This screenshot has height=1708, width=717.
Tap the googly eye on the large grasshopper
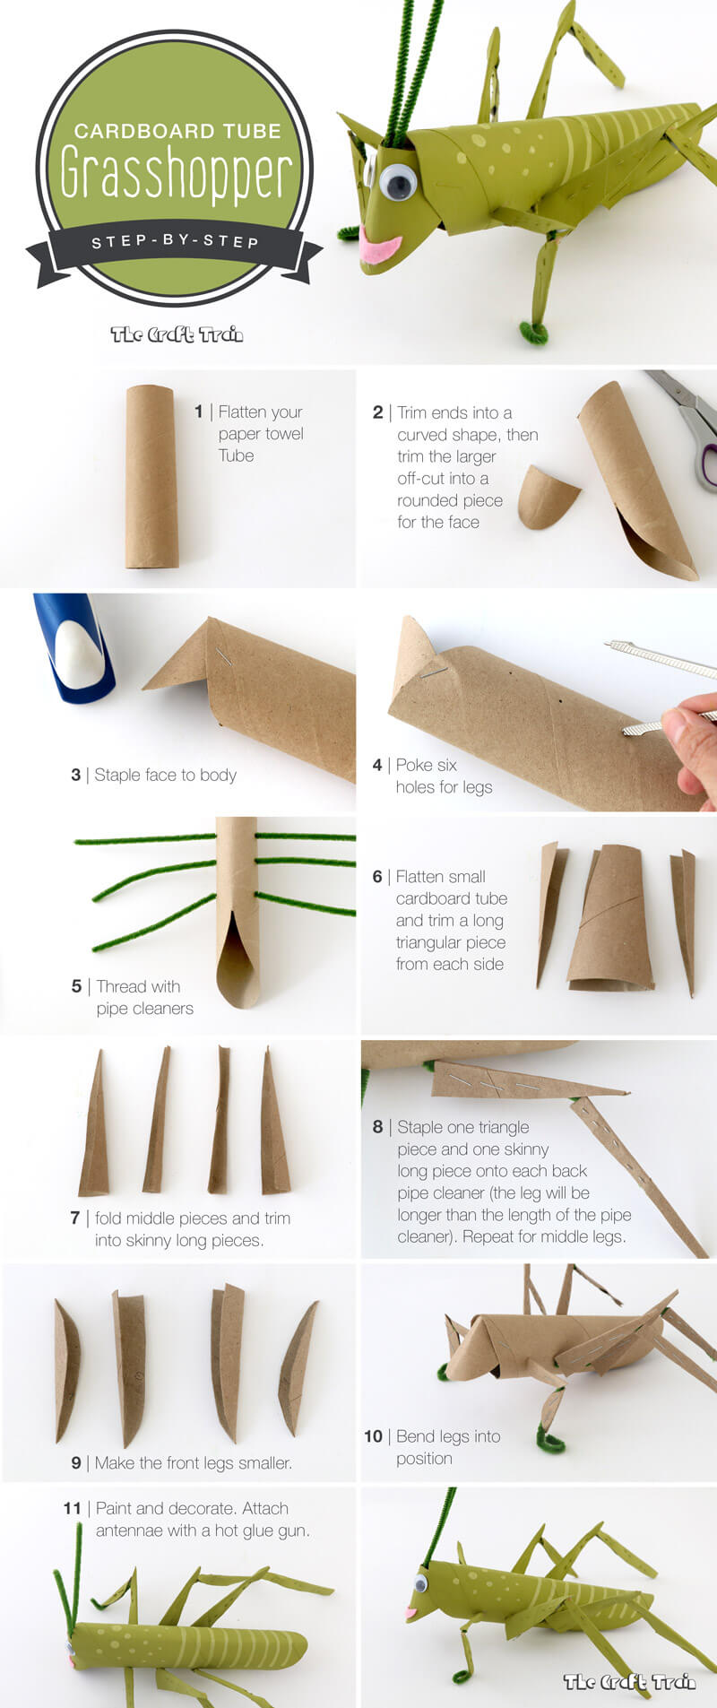tap(398, 182)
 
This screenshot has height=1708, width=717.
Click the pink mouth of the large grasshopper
tap(381, 249)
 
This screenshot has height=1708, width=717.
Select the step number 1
tap(198, 412)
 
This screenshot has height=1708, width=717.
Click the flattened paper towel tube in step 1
tap(151, 477)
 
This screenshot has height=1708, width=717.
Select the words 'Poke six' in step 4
tap(427, 765)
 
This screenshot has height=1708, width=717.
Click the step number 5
tap(76, 986)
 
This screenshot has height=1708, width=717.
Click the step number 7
tap(75, 1218)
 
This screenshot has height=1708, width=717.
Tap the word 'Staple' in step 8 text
tap(419, 1127)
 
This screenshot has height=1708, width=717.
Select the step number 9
tap(76, 1462)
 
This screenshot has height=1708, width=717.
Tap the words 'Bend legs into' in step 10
tap(448, 1436)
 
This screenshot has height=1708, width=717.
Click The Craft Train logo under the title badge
tap(177, 334)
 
